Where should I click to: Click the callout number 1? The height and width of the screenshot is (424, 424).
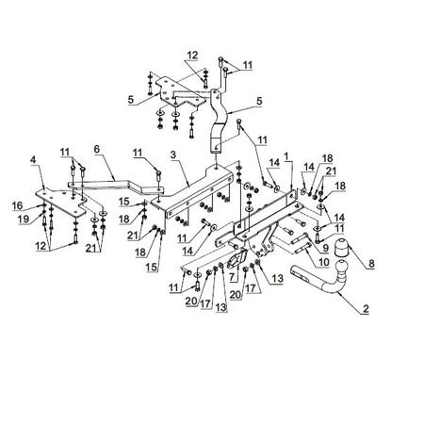point(285,155)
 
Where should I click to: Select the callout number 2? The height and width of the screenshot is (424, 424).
point(366,308)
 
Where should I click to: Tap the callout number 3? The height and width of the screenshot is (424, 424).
point(173,155)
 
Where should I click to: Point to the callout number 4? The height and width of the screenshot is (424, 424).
point(33,159)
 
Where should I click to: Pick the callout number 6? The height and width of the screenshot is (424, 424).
point(97,149)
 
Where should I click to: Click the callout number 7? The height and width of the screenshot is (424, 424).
point(232,277)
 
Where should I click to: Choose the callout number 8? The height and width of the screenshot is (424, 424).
point(371,263)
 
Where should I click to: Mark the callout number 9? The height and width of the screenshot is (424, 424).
point(325,248)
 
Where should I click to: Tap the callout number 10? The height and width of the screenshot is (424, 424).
point(323,262)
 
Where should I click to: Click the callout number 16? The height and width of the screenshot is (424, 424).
point(18,205)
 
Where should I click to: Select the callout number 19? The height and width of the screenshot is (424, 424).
point(24,219)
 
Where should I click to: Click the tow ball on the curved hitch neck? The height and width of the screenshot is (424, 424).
point(342,269)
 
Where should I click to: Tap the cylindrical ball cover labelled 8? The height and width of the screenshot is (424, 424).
point(341,248)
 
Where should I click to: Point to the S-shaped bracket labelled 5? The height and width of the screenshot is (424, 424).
point(219,121)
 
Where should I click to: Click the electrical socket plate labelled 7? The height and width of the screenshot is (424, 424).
point(237,258)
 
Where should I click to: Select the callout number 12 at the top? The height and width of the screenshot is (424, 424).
point(192,56)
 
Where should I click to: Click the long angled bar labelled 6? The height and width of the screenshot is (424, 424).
point(116,186)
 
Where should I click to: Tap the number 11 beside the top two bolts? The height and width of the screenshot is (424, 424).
point(248,65)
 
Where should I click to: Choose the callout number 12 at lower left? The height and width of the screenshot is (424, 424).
point(41,246)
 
